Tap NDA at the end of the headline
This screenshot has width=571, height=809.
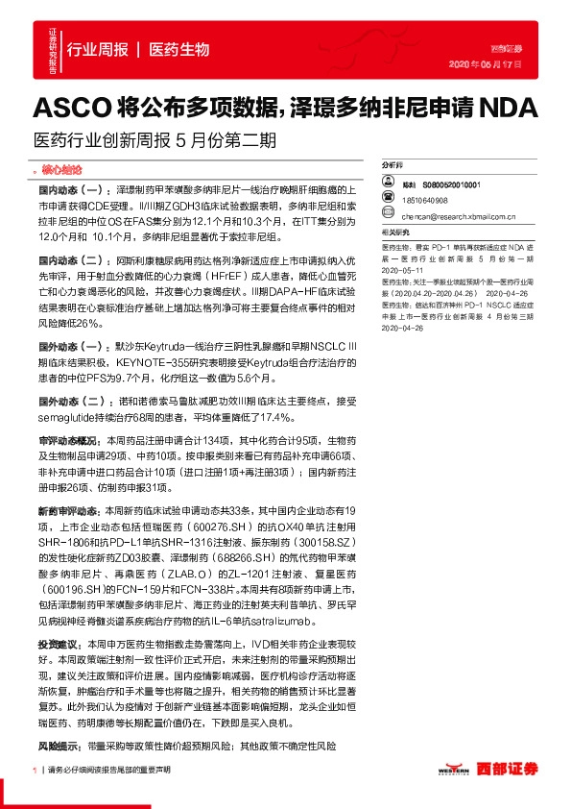(x=512, y=105)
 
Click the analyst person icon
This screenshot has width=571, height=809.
(x=388, y=184)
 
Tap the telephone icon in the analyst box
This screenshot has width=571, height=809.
(x=388, y=200)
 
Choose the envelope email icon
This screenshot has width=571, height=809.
(x=388, y=216)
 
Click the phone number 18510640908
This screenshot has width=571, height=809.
(x=425, y=200)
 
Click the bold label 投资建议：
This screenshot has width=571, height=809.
(x=60, y=643)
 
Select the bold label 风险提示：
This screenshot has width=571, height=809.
(x=60, y=745)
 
